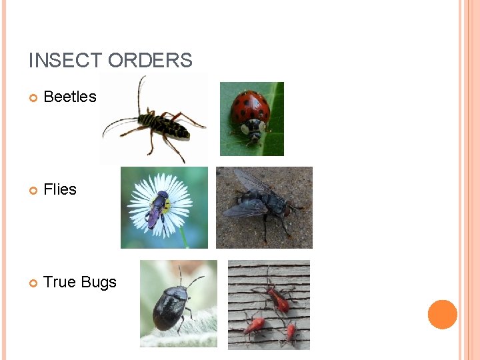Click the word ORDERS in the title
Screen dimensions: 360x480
point(150,61)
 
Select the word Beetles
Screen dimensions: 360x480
point(70,97)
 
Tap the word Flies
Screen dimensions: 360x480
point(60,189)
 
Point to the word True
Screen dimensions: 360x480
point(60,282)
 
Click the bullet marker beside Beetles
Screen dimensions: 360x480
point(34,98)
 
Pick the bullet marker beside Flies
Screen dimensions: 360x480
point(34,191)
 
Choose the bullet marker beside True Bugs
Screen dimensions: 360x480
point(34,283)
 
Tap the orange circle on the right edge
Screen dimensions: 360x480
point(443,315)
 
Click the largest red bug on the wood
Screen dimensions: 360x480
point(278,299)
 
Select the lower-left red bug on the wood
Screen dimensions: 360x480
point(255,325)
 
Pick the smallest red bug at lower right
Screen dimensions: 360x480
point(290,331)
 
